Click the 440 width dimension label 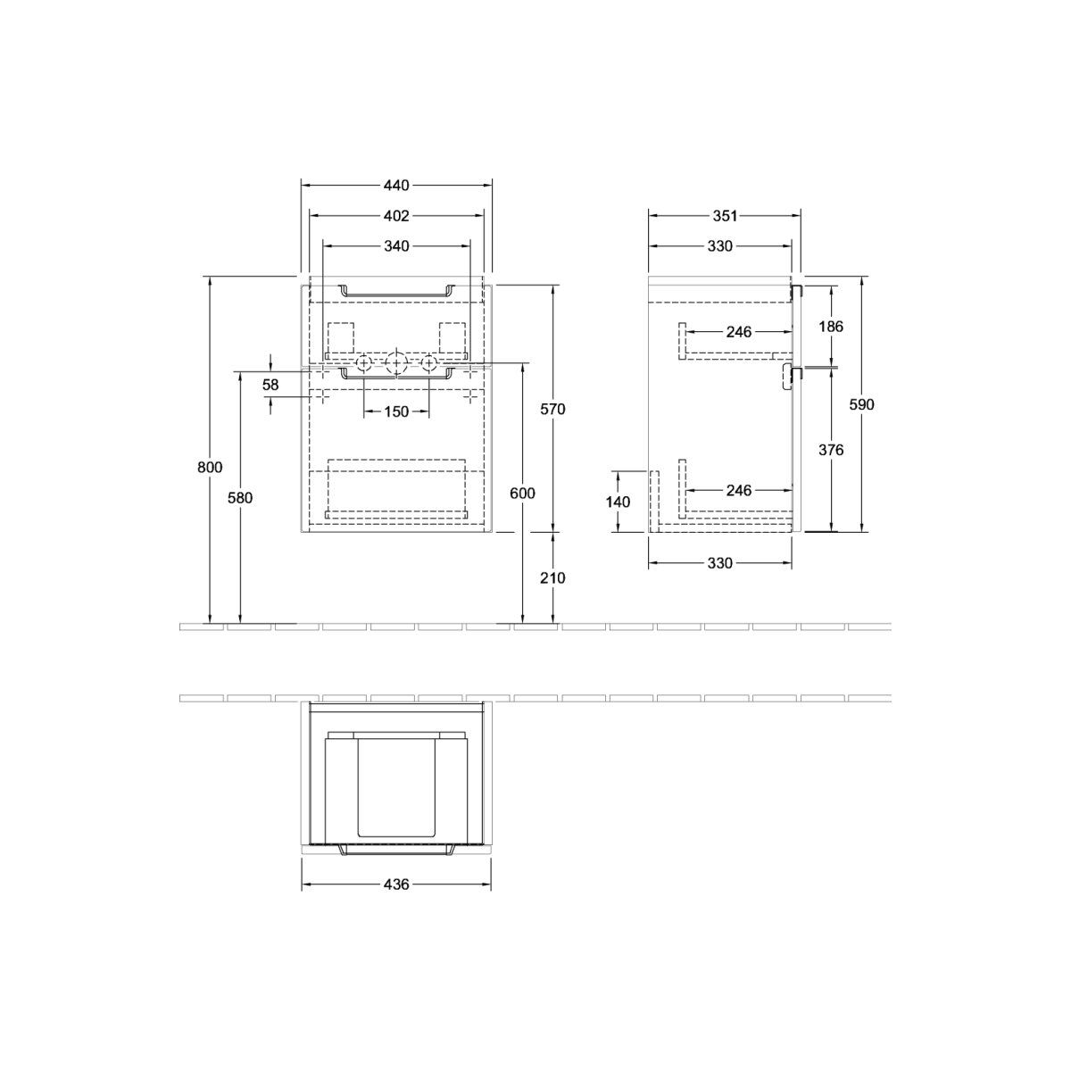coord(395,185)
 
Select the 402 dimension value coord(395,216)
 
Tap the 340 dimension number coord(396,245)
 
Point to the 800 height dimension coord(210,468)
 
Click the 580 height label coord(240,498)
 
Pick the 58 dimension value coord(270,385)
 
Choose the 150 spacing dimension coord(396,411)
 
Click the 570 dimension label coord(552,409)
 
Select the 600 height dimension coord(522,493)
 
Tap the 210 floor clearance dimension coord(552,578)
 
